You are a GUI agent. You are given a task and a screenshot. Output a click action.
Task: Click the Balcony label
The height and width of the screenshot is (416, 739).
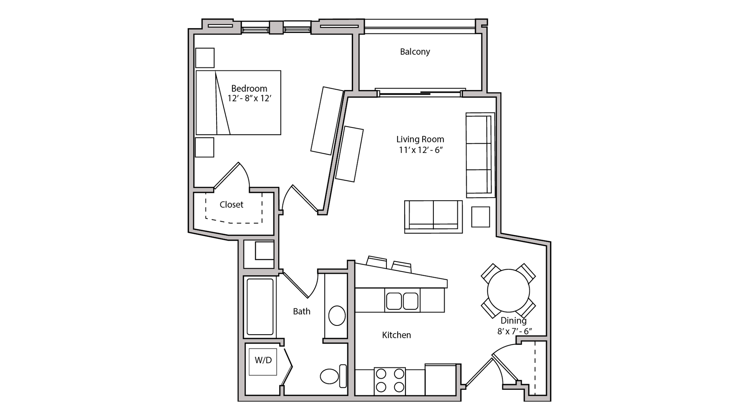click(x=415, y=52)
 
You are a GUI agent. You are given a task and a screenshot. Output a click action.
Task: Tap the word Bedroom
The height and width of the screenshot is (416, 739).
click(x=249, y=89)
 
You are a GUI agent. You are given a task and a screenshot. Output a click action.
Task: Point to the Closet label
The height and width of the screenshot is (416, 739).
click(x=231, y=205)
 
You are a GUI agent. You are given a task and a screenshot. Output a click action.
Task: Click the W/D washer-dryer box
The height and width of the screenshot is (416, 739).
click(x=263, y=361)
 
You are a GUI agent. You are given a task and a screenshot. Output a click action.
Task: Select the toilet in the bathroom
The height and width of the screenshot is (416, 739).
click(x=333, y=376)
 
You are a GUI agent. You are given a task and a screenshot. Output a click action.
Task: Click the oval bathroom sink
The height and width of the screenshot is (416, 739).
click(x=337, y=316)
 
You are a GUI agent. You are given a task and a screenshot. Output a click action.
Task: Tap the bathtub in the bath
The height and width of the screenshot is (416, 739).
click(x=260, y=307)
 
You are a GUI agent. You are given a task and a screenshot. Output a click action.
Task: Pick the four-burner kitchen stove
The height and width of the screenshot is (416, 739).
click(x=390, y=381)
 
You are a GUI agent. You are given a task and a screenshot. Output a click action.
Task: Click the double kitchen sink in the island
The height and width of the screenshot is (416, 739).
click(x=402, y=301)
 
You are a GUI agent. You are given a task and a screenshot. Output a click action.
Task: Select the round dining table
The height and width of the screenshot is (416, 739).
click(x=508, y=291)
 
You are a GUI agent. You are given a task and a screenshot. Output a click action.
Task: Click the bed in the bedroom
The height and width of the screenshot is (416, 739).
click(x=238, y=102)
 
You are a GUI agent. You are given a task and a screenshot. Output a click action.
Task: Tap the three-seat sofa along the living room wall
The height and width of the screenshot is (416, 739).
click(x=480, y=155)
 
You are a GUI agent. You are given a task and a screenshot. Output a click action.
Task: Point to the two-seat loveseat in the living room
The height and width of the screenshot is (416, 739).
click(x=433, y=216)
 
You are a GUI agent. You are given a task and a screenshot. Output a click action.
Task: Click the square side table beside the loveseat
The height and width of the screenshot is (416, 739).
click(x=480, y=216)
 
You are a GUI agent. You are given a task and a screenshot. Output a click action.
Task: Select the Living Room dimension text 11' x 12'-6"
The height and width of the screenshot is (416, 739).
click(x=420, y=150)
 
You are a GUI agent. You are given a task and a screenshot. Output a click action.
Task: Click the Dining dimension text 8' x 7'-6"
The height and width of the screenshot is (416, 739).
click(x=514, y=331)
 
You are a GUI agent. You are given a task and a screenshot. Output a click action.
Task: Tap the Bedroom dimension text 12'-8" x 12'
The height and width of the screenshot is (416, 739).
click(x=249, y=98)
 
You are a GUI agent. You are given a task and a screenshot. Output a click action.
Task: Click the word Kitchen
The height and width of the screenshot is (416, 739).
click(x=396, y=335)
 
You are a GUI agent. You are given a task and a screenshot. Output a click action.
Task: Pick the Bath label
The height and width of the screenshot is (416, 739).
click(x=301, y=311)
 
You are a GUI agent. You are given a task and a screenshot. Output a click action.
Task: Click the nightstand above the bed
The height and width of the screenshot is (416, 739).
click(x=205, y=58)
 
